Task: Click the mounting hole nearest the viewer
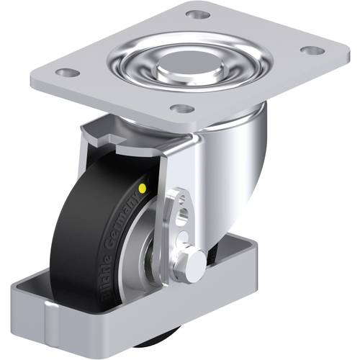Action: coord(184,109)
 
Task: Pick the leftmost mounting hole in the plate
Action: coord(66,73)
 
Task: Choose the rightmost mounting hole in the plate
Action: coord(311,50)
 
